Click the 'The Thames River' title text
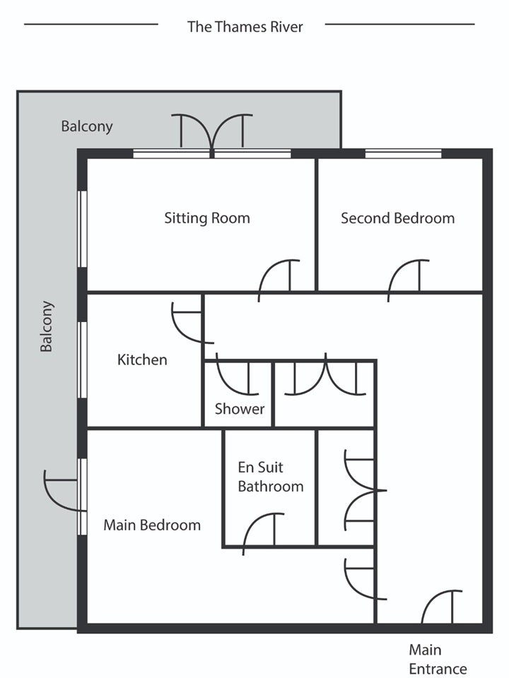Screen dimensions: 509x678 tap(245, 27)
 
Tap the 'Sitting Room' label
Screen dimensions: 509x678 tap(207, 218)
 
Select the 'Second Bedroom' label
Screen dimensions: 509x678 tap(398, 218)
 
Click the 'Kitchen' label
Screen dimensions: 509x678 tap(142, 359)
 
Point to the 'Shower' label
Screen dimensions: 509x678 tap(240, 409)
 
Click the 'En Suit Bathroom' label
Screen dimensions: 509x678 tap(271, 477)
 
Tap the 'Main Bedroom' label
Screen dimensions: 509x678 tap(152, 525)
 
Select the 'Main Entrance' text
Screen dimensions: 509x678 tap(438, 660)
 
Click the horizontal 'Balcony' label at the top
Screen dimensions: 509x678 tap(86, 126)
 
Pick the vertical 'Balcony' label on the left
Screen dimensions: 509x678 tap(47, 326)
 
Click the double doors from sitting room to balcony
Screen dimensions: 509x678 tap(212, 132)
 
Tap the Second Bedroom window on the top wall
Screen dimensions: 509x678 tap(404, 153)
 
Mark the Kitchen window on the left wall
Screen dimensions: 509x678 tap(82, 359)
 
